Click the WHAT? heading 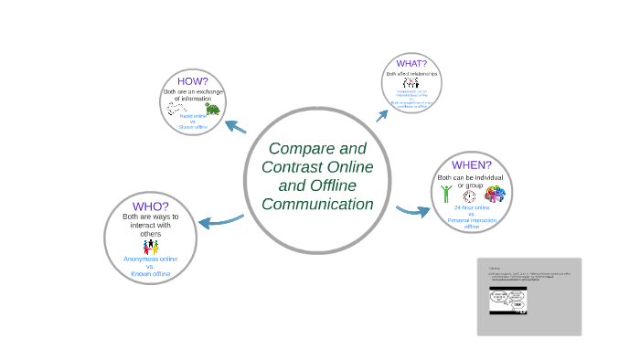[411, 63]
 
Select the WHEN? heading [471, 164]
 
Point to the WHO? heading [150, 206]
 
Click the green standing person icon [446, 194]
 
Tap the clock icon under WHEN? [470, 195]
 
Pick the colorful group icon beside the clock [495, 194]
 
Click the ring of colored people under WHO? [150, 247]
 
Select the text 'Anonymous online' [150, 259]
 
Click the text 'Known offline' [150, 274]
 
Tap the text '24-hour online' [471, 208]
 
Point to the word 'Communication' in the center [317, 204]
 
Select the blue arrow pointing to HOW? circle [236, 125]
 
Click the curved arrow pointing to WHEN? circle [413, 212]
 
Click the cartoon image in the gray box [508, 301]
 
